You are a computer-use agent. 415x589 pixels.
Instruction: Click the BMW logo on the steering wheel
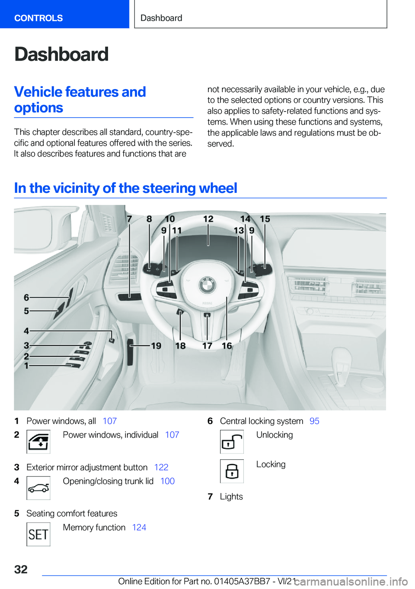pos(207,285)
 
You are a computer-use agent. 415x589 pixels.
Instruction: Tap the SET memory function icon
pos(38,535)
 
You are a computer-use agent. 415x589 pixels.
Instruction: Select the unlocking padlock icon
pos(232,442)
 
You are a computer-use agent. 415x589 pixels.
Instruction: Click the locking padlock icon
pos(232,471)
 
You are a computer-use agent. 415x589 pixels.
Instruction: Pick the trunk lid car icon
pos(38,488)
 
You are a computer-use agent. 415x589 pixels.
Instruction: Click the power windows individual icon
pos(38,442)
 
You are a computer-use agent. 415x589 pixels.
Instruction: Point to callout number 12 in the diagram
pos(208,219)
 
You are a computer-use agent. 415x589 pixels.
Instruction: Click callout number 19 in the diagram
pos(156,346)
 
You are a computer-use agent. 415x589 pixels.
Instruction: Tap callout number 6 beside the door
pos(26,298)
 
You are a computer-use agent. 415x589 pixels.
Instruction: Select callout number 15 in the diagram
pos(265,219)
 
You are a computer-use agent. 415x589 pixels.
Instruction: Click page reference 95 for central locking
pos(314,421)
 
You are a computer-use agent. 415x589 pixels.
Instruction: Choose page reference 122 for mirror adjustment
pos(161,467)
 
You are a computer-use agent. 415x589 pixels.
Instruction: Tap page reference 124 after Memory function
pos(139,528)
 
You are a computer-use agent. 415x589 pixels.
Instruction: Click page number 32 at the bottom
pos(21,569)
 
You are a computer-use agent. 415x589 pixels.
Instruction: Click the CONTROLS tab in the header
pos(38,18)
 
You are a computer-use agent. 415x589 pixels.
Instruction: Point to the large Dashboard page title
pos(61,54)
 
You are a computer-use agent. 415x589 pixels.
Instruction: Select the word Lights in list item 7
pos(231,497)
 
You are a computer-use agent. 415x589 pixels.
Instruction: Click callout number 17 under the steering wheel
pos(207,346)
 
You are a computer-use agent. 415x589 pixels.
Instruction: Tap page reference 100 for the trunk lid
pos(167,481)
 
